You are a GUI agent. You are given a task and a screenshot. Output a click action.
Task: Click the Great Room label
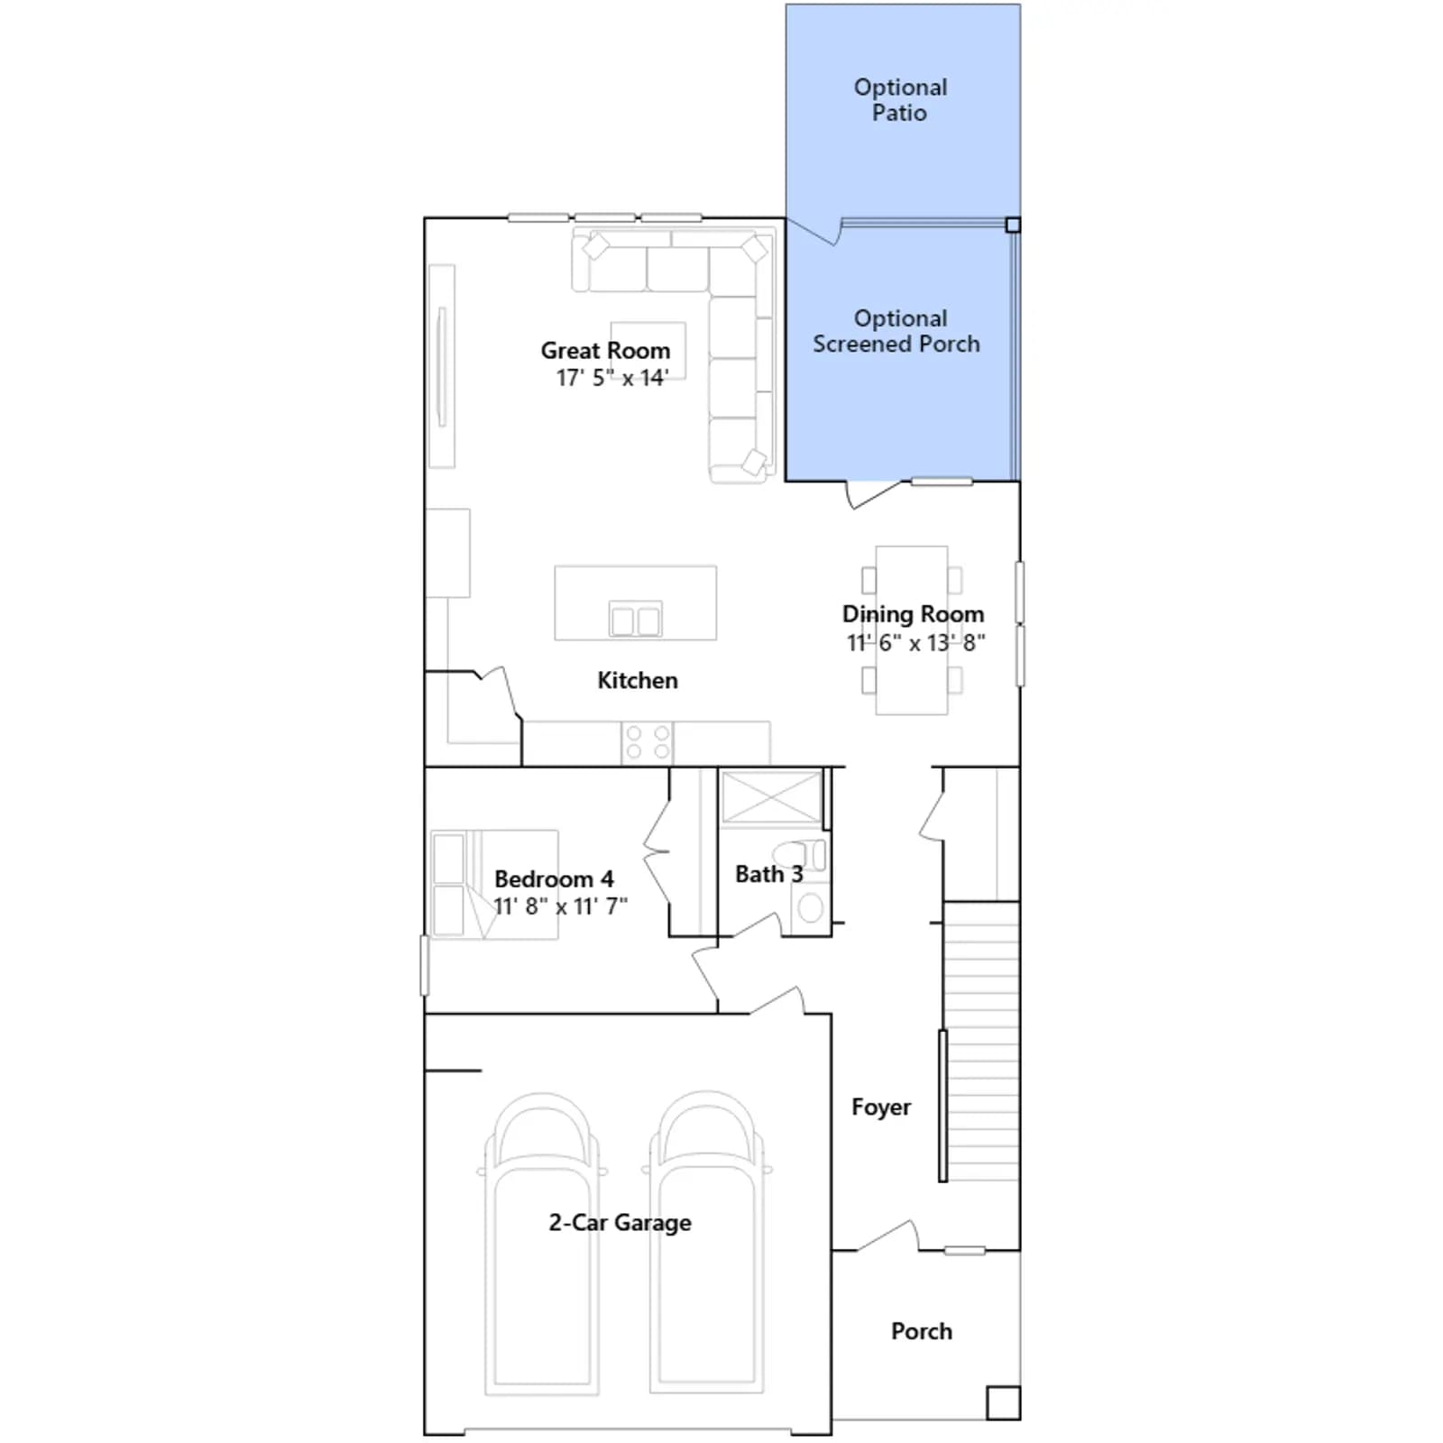coord(605,350)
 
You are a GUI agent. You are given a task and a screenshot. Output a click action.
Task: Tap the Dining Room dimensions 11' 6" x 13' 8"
coord(915,643)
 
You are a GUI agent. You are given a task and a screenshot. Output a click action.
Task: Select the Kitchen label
coord(638,680)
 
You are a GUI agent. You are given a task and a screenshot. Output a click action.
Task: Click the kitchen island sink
coord(636,620)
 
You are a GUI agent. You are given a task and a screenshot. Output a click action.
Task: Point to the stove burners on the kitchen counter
coord(648,742)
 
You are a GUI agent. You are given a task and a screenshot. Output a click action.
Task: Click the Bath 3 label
coord(768,874)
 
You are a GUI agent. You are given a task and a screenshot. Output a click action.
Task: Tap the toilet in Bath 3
coord(799,854)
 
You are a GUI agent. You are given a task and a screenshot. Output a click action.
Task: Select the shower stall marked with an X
coord(772,796)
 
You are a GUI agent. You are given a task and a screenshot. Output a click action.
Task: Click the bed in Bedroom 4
coord(494,885)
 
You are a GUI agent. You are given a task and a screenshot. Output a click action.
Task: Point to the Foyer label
coord(881,1107)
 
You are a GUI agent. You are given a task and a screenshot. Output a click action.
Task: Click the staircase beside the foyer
coord(981,1041)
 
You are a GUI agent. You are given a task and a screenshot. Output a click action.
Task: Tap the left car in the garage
coord(542,1245)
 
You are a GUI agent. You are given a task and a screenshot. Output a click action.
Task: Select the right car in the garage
coord(707,1245)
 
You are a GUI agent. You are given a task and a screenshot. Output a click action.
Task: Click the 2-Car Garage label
coord(620,1223)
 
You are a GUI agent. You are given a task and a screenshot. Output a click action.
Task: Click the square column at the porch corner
coord(1003,1403)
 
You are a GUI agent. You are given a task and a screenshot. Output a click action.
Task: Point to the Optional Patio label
coord(900,100)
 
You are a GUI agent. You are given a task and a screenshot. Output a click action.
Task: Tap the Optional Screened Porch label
coord(896,331)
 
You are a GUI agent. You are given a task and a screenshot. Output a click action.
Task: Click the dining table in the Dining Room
coord(912,630)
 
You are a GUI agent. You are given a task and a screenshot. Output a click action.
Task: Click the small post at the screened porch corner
coord(1013,225)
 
